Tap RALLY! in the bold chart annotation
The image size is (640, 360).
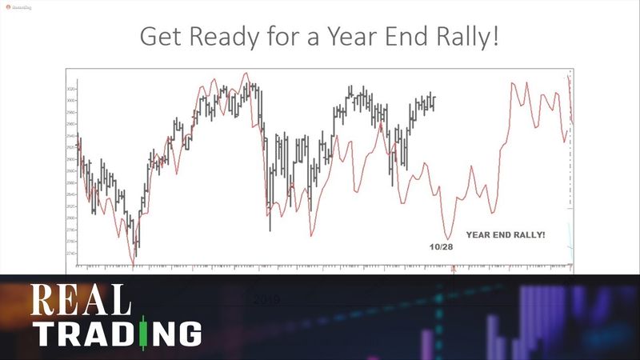(x=534, y=235)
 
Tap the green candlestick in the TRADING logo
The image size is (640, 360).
(x=143, y=333)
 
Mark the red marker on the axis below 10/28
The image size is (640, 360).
(x=454, y=270)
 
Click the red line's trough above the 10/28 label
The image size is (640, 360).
(x=448, y=238)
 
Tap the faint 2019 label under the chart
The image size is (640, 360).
(x=266, y=299)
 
